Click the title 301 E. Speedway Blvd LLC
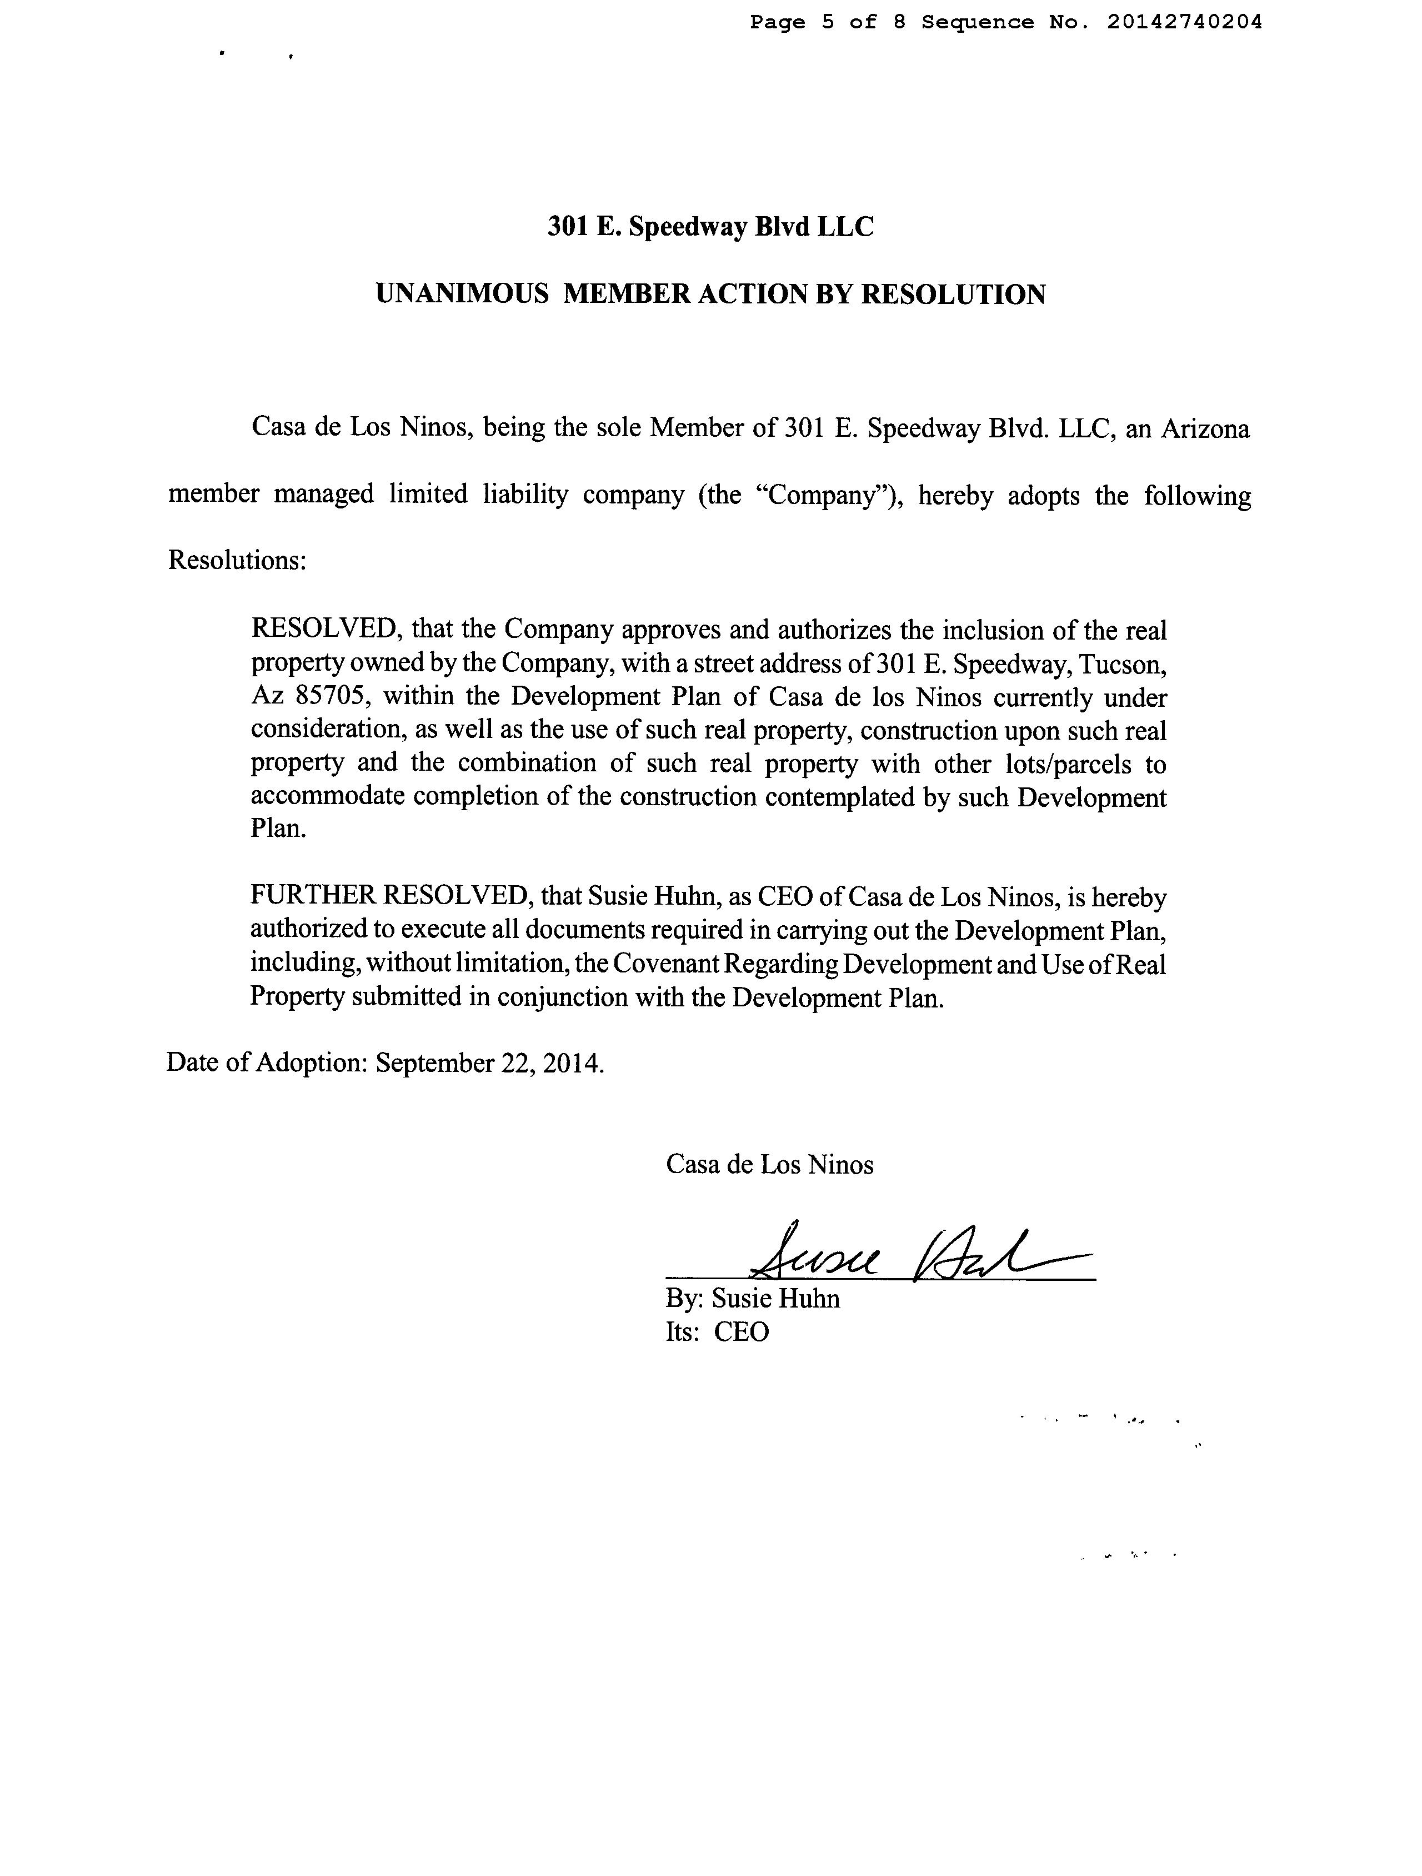point(710,227)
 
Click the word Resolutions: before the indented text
point(237,561)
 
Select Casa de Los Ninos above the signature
point(769,1165)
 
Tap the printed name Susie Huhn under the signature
point(775,1299)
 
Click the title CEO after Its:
point(741,1331)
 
